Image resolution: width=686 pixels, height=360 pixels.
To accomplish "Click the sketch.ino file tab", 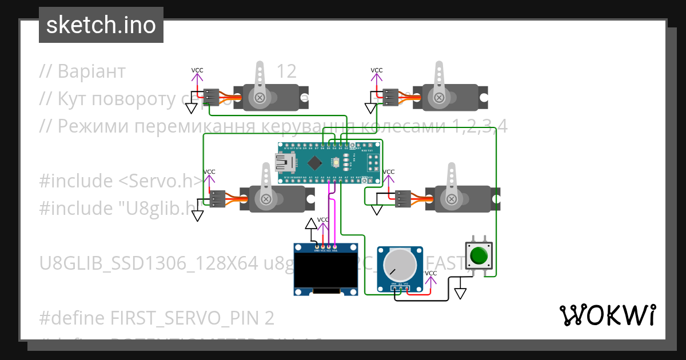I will coord(101,25).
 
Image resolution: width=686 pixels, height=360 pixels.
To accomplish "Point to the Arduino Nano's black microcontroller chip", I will coord(314,163).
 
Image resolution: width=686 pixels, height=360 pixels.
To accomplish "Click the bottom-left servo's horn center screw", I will coord(266,198).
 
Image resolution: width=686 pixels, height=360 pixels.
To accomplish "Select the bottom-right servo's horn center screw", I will coord(452,198).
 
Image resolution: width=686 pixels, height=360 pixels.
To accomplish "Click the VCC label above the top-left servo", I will coord(197,70).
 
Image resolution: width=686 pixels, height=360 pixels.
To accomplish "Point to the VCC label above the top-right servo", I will coord(377,70).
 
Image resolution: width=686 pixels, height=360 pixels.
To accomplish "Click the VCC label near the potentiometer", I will coord(431,273).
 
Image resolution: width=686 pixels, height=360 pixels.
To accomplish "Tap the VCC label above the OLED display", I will coord(323,219).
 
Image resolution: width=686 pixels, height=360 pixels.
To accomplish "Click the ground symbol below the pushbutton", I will coord(460,293).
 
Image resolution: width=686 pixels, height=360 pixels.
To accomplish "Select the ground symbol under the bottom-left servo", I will coord(198,215).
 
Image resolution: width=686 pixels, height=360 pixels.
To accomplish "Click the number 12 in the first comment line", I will coord(286,71).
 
